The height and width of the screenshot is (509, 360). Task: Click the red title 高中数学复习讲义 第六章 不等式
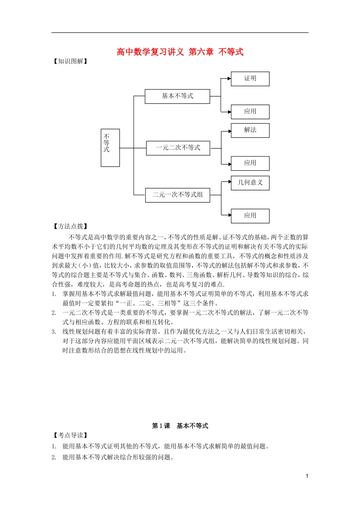pyautogui.click(x=180, y=52)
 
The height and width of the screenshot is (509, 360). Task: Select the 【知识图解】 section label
pyautogui.click(x=70, y=61)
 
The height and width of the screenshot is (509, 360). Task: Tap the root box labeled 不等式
pyautogui.click(x=110, y=148)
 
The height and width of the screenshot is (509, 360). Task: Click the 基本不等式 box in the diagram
pyautogui.click(x=177, y=96)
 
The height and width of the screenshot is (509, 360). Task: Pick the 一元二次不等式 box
pyautogui.click(x=178, y=148)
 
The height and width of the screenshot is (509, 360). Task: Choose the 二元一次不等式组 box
pyautogui.click(x=178, y=195)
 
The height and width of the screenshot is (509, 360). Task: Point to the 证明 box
pyautogui.click(x=250, y=79)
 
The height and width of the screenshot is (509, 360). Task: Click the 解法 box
pyautogui.click(x=250, y=130)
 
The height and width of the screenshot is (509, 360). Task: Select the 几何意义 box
pyautogui.click(x=250, y=183)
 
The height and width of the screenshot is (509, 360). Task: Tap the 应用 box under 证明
pyautogui.click(x=250, y=112)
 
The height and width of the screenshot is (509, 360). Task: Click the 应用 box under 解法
pyautogui.click(x=250, y=163)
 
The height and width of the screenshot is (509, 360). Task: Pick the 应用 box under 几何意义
pyautogui.click(x=250, y=216)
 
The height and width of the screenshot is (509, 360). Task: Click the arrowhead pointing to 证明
pyautogui.click(x=229, y=79)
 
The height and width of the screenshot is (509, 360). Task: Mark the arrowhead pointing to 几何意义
pyautogui.click(x=229, y=182)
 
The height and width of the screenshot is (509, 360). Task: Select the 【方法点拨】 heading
pyautogui.click(x=70, y=226)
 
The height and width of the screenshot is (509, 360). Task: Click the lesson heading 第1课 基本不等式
pyautogui.click(x=180, y=426)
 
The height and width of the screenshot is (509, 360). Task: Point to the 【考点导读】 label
pyautogui.click(x=70, y=436)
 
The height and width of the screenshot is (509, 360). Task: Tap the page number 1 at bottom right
pyautogui.click(x=307, y=476)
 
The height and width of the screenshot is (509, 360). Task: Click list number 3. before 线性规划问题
pyautogui.click(x=54, y=332)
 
